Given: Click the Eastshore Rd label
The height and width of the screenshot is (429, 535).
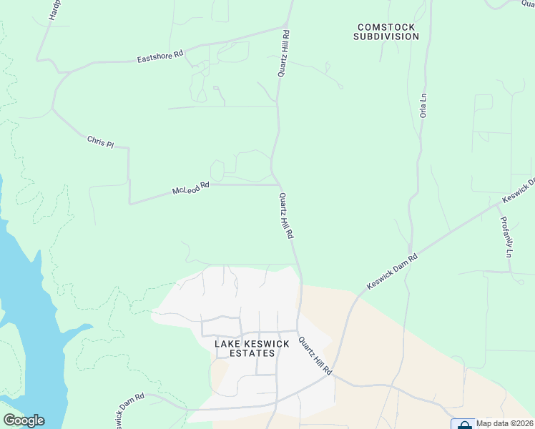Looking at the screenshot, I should coord(160,56).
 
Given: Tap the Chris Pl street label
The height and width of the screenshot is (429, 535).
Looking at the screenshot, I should coord(100,142).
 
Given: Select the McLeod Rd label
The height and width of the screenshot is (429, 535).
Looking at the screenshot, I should coord(190,189).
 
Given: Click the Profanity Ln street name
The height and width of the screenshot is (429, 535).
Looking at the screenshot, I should coord(507,237).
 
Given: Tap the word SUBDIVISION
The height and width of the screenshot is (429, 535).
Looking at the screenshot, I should coord(386,36).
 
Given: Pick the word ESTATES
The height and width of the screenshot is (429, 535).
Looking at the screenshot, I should coord(252,353).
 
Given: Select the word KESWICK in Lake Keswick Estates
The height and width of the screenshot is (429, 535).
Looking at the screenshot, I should coord(267,344).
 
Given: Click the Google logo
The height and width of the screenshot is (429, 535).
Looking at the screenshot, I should coord(24,420).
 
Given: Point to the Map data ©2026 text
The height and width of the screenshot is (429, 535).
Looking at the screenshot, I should coord(504,423).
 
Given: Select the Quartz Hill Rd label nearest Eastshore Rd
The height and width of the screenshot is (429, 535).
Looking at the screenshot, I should coord(285,54).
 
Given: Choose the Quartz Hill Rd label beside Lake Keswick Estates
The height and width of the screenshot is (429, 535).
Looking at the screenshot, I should coord(315,356).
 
